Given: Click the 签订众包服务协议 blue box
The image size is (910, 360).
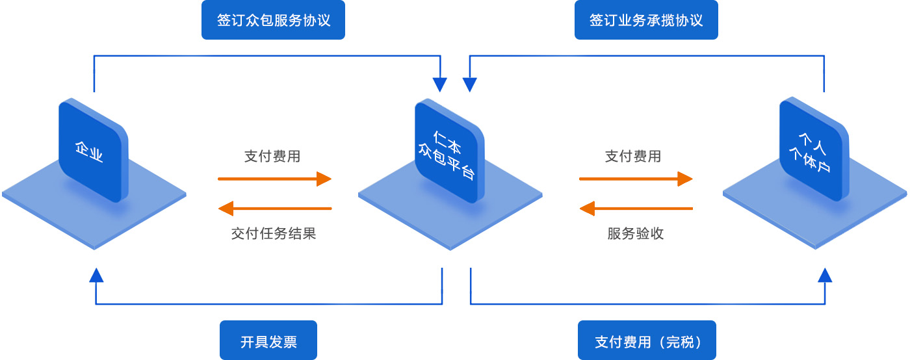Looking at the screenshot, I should tap(273, 20).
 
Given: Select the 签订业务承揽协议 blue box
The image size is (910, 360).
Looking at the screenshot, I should tap(646, 20).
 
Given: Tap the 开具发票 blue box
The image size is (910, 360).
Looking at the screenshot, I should tap(268, 341).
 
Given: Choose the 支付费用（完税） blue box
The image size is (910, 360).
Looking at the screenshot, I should tap(647, 341).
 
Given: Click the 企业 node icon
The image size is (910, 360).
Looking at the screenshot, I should tap(93, 151).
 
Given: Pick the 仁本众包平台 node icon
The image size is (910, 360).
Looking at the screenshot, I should tap(449, 151).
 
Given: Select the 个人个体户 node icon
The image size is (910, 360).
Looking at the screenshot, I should tap(814, 151).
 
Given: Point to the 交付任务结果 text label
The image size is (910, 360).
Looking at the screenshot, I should tap(273, 233).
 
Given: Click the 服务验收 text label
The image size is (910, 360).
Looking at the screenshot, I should tap(636, 233).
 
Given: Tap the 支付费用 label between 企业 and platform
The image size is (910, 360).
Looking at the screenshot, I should tap(272, 156).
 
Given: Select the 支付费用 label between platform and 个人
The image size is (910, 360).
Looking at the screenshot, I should tap(633, 156).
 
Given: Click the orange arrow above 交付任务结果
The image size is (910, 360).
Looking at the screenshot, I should tap(274, 209).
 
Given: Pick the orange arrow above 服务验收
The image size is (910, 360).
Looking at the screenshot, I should tap(636, 209).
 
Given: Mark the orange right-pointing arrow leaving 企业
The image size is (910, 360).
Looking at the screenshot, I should tap(274, 179).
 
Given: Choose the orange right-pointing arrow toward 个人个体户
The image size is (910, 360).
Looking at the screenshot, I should tap(636, 179).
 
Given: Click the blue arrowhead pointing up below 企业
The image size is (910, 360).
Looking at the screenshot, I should tap(96, 275).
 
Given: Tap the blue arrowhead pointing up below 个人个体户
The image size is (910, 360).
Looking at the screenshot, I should tap(825, 275).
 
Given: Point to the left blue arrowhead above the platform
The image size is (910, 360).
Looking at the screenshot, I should tap(440, 84).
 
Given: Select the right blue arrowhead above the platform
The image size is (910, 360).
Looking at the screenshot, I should tap(469, 84).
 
